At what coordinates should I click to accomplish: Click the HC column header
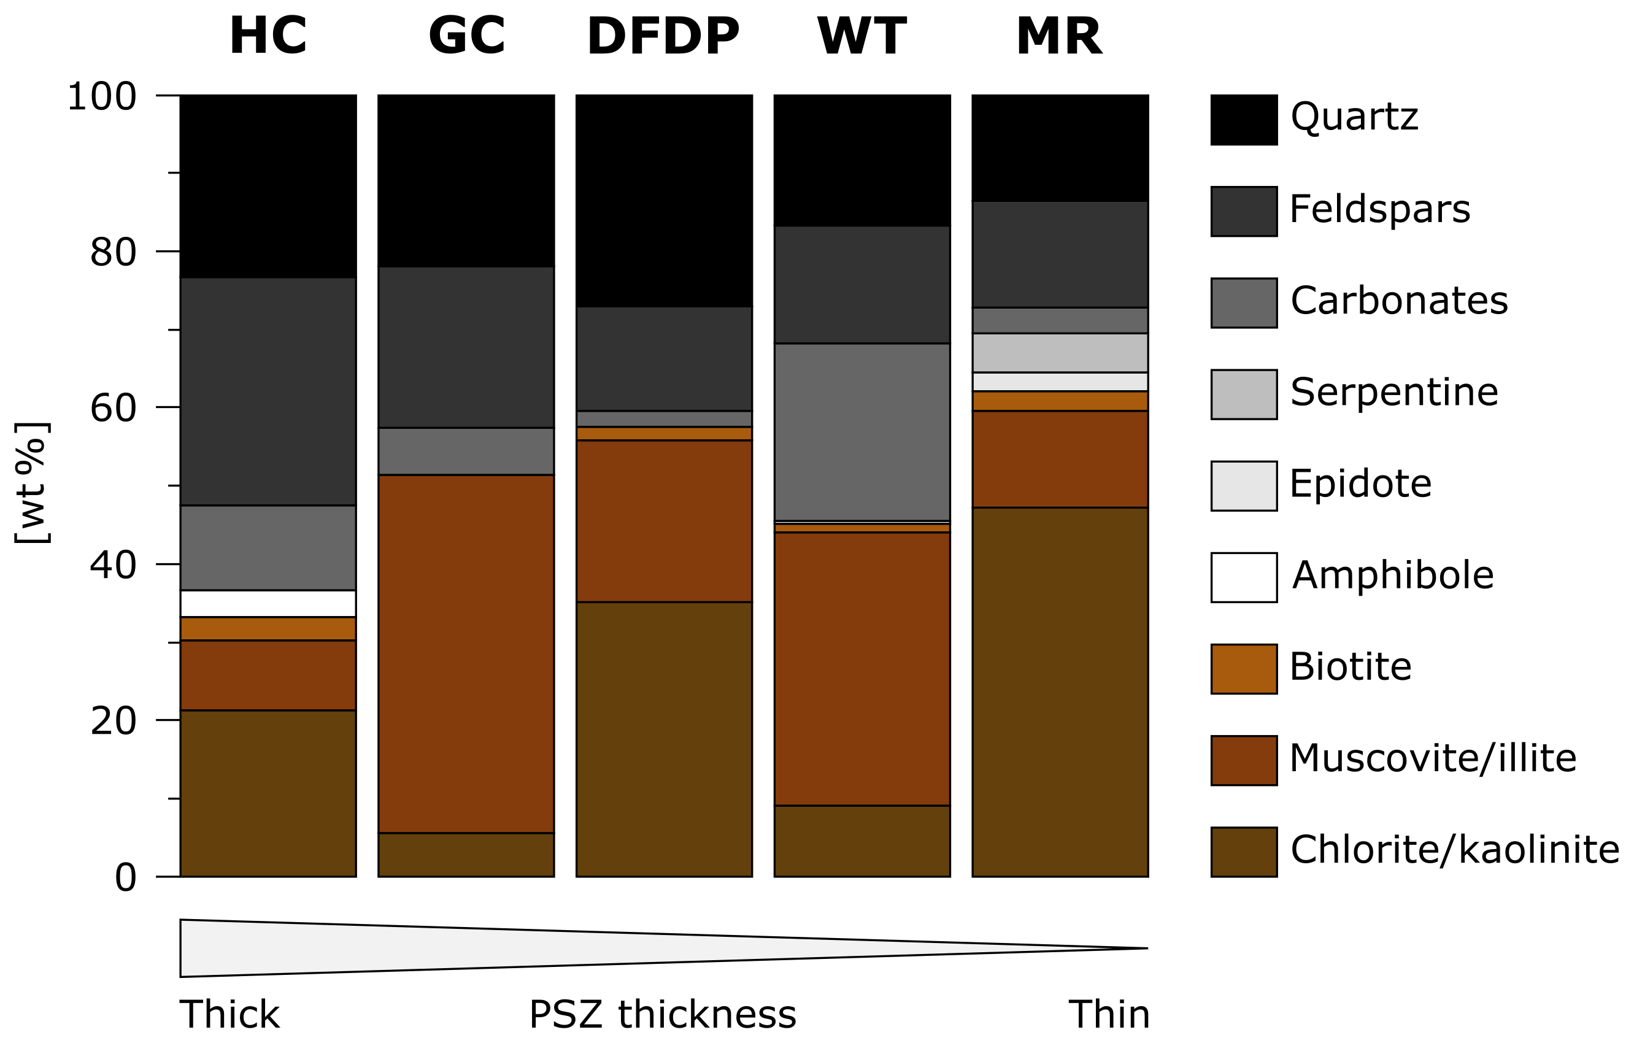pyautogui.click(x=268, y=36)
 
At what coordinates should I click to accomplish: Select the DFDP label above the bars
pyautogui.click(x=663, y=36)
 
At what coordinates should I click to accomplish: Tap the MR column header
pyautogui.click(x=1059, y=36)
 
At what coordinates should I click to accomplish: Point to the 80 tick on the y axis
pyautogui.click(x=114, y=252)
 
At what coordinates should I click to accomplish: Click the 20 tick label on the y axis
pyautogui.click(x=114, y=721)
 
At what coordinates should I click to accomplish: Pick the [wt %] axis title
pyautogui.click(x=32, y=483)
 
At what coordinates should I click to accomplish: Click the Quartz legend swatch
pyautogui.click(x=1244, y=120)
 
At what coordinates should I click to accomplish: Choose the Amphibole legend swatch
pyautogui.click(x=1244, y=577)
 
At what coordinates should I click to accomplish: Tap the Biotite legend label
pyautogui.click(x=1351, y=666)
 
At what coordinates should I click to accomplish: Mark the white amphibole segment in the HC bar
pyautogui.click(x=268, y=604)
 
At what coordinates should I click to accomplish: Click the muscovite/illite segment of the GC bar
pyautogui.click(x=466, y=653)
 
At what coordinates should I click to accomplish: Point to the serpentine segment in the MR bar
pyautogui.click(x=1060, y=353)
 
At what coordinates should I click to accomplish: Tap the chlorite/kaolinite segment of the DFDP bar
pyautogui.click(x=664, y=739)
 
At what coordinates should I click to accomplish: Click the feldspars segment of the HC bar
pyautogui.click(x=268, y=391)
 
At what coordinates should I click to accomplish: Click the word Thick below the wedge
pyautogui.click(x=229, y=1015)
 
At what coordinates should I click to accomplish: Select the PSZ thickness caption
pyautogui.click(x=662, y=1015)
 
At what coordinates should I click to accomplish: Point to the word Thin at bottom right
pyautogui.click(x=1109, y=1015)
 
